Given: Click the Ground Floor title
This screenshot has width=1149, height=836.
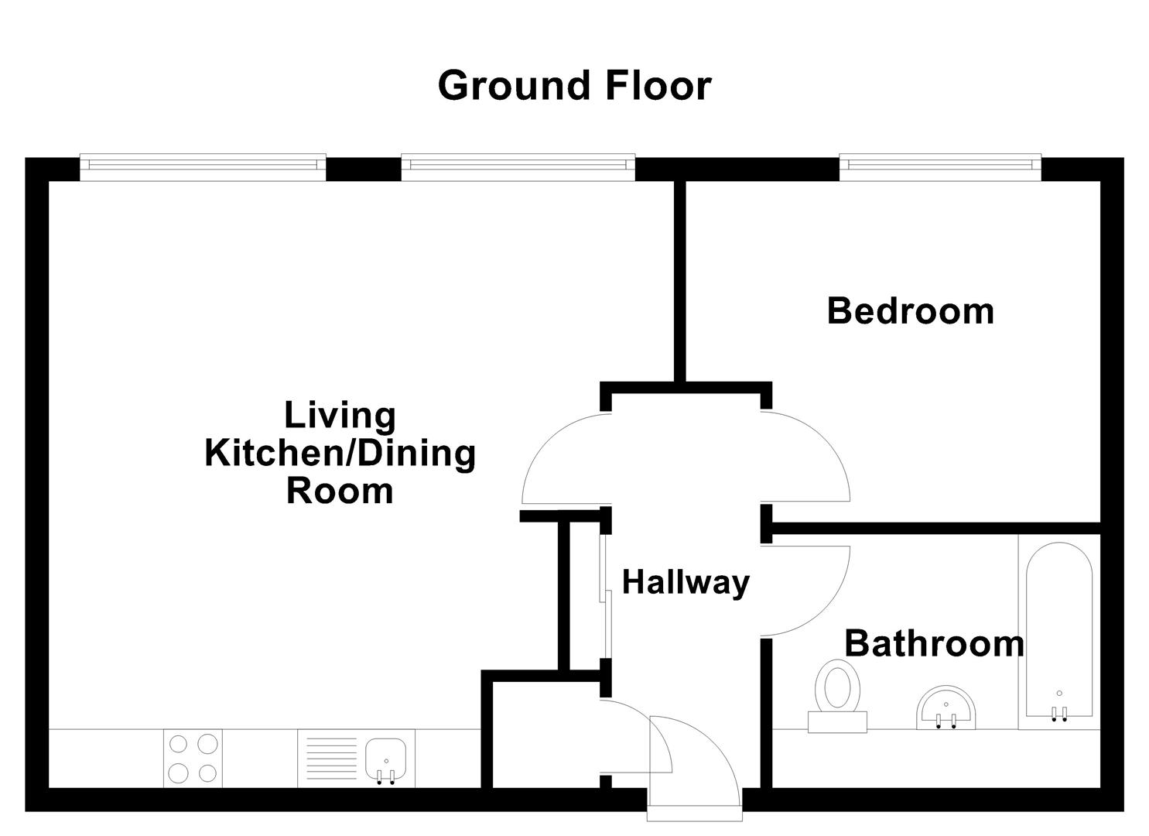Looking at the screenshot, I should point(573,85).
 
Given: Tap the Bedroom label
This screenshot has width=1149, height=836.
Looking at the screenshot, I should point(910,311).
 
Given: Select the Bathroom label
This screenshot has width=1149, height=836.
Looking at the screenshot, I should point(934,643).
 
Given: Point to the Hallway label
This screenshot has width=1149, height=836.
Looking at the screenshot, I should point(686,582).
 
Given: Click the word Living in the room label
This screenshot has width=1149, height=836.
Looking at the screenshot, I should point(340,415).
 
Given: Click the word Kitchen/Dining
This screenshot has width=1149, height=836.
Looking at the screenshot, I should point(340,453).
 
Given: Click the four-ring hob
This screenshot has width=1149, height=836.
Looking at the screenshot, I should point(193,759).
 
